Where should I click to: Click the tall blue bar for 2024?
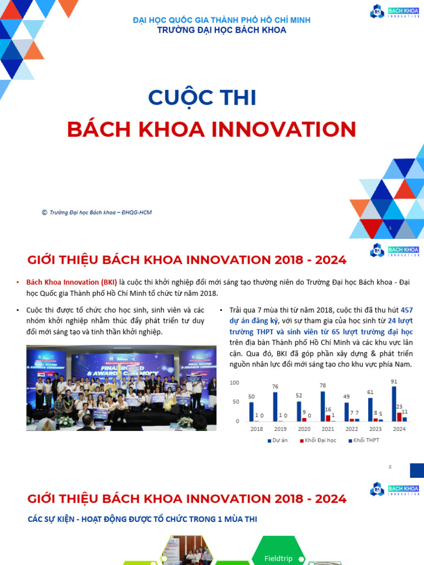(394, 404)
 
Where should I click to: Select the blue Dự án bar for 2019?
(275, 407)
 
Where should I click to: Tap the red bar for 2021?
(328, 418)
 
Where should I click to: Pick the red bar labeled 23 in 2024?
(399, 417)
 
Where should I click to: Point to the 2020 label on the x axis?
(304, 429)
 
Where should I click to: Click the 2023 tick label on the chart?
(375, 429)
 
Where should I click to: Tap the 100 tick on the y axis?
(235, 383)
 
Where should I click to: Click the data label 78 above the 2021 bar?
(323, 386)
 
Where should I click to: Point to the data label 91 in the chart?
(394, 381)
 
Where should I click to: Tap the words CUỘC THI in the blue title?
(202, 98)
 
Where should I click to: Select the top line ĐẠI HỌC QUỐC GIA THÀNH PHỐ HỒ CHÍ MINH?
(221, 20)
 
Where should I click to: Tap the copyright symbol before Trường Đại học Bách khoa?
(44, 212)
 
